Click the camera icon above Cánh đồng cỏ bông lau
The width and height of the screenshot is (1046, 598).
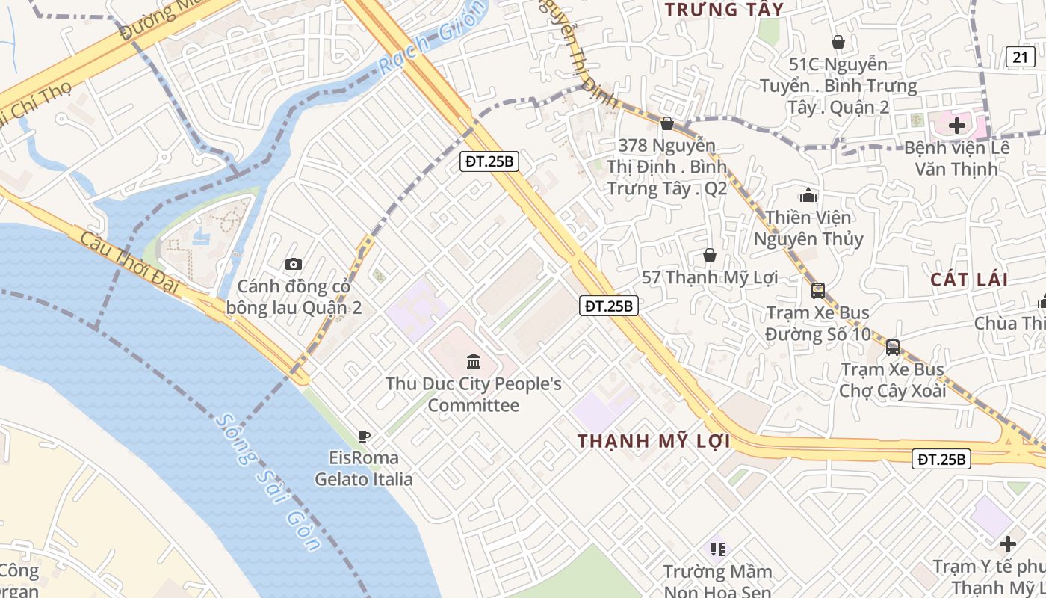point(294,264)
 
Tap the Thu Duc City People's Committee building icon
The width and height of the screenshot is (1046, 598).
point(473,362)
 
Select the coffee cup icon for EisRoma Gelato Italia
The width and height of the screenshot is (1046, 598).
point(364,436)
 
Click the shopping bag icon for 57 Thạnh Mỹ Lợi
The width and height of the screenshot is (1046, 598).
point(710,256)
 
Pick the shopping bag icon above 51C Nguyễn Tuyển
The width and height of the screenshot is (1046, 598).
point(838,42)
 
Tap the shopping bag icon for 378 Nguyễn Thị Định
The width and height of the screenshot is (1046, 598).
point(667,123)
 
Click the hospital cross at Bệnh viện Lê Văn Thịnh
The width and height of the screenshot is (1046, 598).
point(957,126)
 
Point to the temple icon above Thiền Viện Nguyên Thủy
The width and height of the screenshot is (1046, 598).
point(808,196)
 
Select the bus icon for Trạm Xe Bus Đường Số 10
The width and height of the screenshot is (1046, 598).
point(818,291)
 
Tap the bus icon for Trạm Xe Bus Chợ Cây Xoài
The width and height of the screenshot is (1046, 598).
point(893,348)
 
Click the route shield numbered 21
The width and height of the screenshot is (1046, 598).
point(1020,56)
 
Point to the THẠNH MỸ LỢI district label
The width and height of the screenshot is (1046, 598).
point(654,441)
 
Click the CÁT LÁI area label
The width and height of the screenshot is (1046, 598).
point(969,280)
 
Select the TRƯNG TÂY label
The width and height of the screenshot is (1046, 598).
point(724,10)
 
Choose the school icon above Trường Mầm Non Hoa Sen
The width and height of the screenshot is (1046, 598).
point(718,549)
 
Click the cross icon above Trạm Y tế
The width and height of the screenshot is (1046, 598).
point(1008,544)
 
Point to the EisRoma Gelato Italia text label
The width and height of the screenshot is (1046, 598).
point(364,468)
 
